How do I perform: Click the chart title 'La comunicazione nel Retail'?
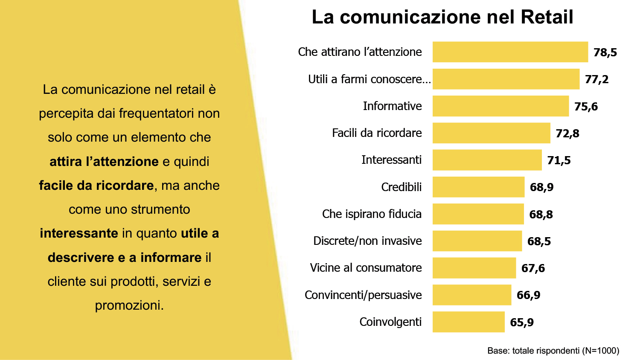click(x=442, y=17)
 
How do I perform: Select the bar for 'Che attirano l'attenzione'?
click(x=510, y=52)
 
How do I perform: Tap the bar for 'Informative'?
click(x=500, y=106)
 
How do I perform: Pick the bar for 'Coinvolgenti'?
click(x=468, y=322)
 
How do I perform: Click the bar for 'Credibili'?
click(x=478, y=187)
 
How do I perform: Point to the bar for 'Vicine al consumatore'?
click(x=474, y=268)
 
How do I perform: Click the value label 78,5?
click(x=605, y=52)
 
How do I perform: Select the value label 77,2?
click(x=596, y=79)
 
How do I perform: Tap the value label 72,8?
click(x=567, y=134)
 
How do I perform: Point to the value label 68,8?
click(x=541, y=215)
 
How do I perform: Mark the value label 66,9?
click(x=528, y=295)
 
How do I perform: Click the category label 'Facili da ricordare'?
click(x=377, y=133)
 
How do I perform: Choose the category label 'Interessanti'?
click(x=391, y=160)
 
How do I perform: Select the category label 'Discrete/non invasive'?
click(x=367, y=241)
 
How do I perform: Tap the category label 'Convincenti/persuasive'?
click(x=363, y=295)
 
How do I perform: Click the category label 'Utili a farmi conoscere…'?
click(x=369, y=79)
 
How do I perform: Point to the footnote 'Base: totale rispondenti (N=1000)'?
click(x=553, y=351)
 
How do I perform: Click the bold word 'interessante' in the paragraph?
click(x=79, y=233)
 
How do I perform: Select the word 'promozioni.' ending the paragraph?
click(x=129, y=305)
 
